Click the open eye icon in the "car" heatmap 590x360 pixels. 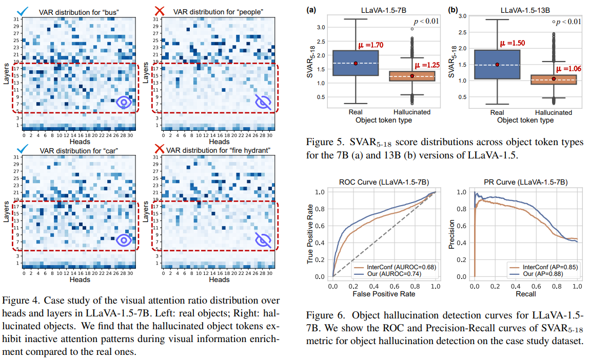point(124,239)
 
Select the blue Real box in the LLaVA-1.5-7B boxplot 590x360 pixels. point(356,63)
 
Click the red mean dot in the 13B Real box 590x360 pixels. point(497,65)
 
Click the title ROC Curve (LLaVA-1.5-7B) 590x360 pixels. point(384,182)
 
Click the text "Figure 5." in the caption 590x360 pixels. point(322,142)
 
